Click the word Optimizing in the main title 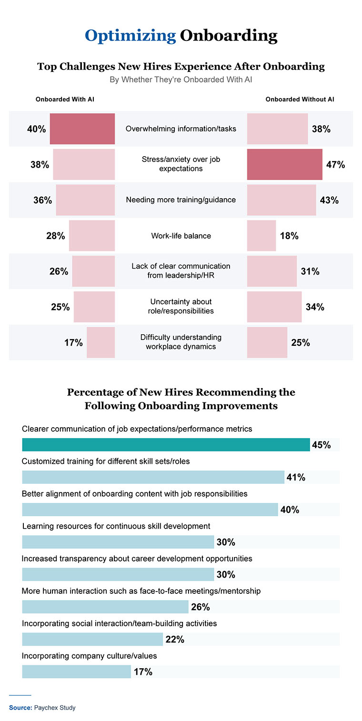[x=130, y=36]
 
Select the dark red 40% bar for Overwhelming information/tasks [x=82, y=129]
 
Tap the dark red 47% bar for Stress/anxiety [x=284, y=164]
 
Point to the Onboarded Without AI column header [x=300, y=100]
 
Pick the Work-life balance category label [x=181, y=236]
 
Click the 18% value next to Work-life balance [x=289, y=236]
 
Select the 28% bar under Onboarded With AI [x=92, y=236]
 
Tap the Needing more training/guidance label [x=181, y=200]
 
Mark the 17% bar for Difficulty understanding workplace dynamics [x=101, y=342]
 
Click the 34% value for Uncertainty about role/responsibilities [x=315, y=307]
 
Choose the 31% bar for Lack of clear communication [x=272, y=271]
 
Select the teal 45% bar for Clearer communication [x=166, y=445]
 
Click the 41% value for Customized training [x=296, y=477]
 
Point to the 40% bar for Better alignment [x=150, y=510]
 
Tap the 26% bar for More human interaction [x=105, y=607]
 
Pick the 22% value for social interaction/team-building [x=175, y=640]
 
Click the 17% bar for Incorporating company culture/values [x=76, y=671]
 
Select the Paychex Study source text [x=55, y=708]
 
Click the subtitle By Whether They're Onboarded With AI [x=181, y=80]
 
